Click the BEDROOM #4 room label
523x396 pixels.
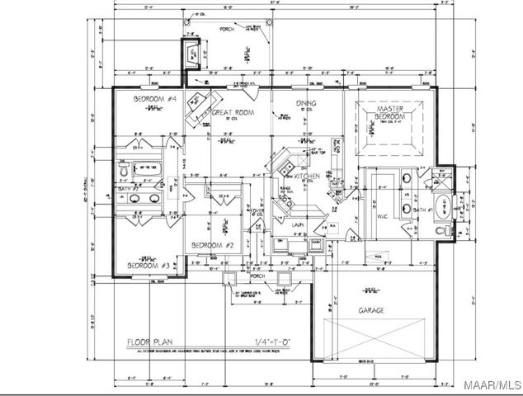tap(156, 99)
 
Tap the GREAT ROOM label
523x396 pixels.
tap(231, 112)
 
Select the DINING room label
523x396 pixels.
tap(307, 103)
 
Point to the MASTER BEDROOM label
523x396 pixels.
tap(389, 113)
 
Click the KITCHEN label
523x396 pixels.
tap(307, 176)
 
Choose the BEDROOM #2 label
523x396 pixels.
tap(214, 246)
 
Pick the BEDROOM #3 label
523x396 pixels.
tap(148, 266)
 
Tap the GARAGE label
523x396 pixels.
tap(372, 311)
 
